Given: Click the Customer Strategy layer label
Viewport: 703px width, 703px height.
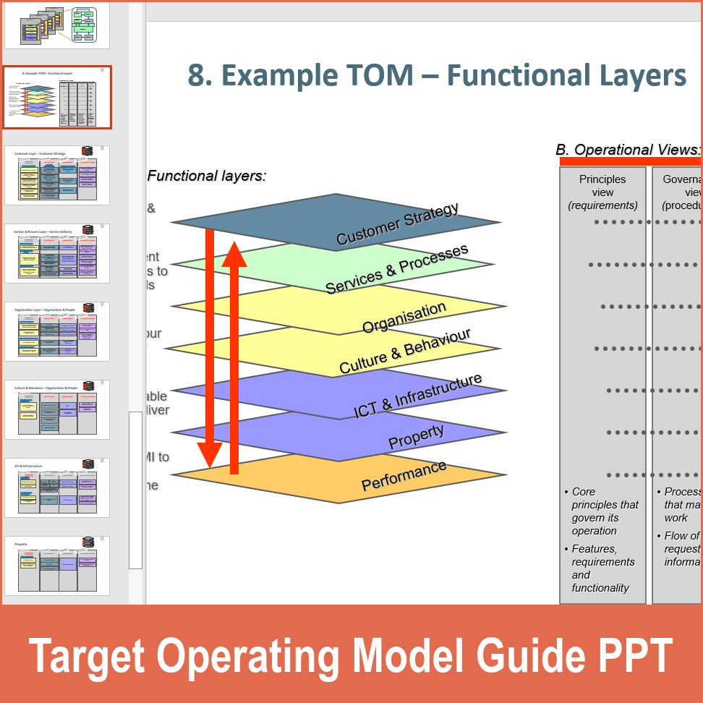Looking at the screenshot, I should point(397,224).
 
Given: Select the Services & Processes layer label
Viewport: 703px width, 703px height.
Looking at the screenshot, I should point(396,269).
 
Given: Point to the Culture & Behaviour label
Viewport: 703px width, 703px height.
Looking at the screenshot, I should point(404,351).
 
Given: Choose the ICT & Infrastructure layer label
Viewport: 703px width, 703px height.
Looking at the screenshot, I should point(417,396).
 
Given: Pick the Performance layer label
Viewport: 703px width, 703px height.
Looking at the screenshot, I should point(404,475).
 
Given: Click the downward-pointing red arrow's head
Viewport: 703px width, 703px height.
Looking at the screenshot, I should point(210,456).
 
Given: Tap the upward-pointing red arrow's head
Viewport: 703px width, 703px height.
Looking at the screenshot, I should point(234,253).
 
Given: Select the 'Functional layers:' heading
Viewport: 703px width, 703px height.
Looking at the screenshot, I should point(207,176).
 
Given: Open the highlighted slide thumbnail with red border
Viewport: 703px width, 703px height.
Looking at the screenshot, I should point(57,98).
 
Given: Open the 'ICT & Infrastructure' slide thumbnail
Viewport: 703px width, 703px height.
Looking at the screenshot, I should point(57,488).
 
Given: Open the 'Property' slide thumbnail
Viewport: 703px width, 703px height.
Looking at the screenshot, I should point(57,565).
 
